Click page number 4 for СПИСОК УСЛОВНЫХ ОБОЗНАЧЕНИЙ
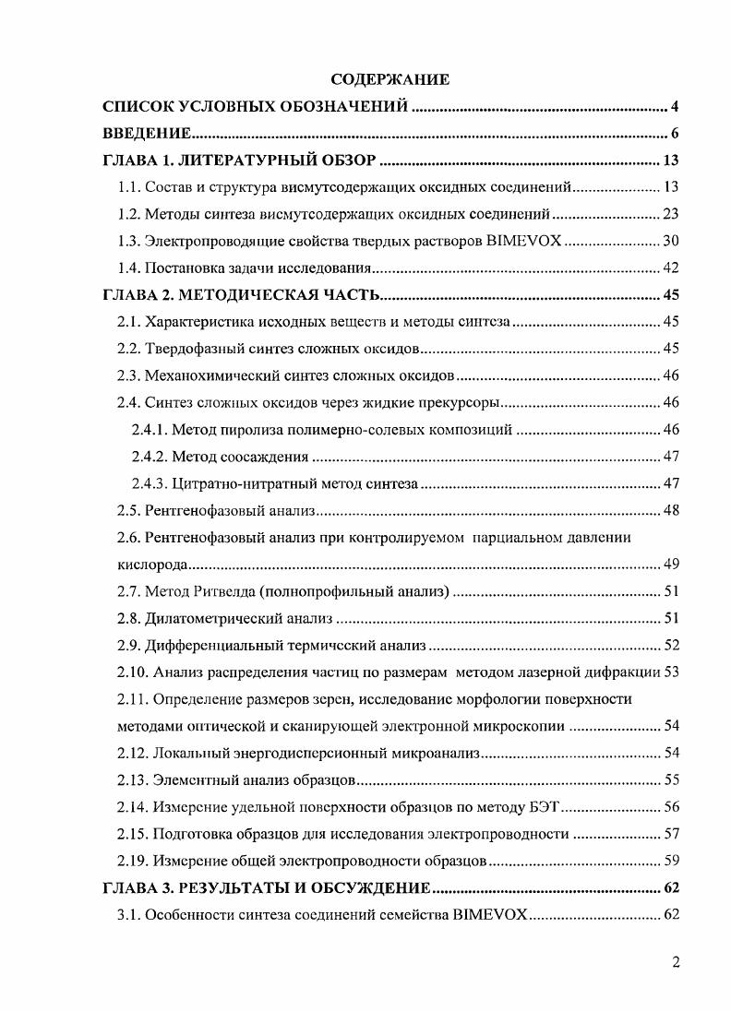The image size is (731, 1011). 675,107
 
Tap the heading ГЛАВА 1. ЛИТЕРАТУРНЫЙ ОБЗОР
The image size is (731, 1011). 239,161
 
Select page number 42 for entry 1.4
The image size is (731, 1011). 671,268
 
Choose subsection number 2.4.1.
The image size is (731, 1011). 150,430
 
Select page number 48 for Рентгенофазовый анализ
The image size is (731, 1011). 671,510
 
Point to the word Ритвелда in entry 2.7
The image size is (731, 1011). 222,591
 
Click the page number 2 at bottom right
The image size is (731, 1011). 676,963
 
